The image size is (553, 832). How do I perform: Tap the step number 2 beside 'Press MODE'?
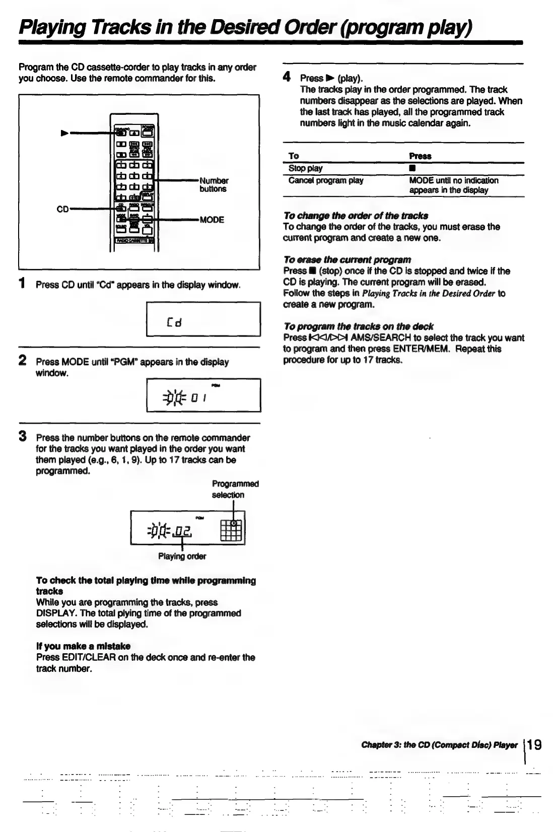click(22, 360)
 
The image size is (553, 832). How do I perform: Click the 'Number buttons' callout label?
click(214, 185)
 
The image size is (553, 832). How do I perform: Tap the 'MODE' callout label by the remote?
click(212, 220)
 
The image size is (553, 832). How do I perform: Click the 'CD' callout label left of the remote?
click(62, 209)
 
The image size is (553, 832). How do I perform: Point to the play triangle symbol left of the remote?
click(64, 133)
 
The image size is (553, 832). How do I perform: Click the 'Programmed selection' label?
click(235, 489)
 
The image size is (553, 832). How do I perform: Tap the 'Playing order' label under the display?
click(182, 557)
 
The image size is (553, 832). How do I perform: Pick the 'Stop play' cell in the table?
click(305, 168)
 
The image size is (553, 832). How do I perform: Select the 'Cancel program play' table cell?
click(325, 180)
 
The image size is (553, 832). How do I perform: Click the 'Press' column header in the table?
click(420, 156)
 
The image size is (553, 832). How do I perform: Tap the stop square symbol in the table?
click(412, 168)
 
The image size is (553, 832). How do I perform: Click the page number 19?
click(535, 744)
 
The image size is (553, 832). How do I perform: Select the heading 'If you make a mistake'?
click(83, 646)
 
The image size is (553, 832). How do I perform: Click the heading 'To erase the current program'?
click(347, 260)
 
